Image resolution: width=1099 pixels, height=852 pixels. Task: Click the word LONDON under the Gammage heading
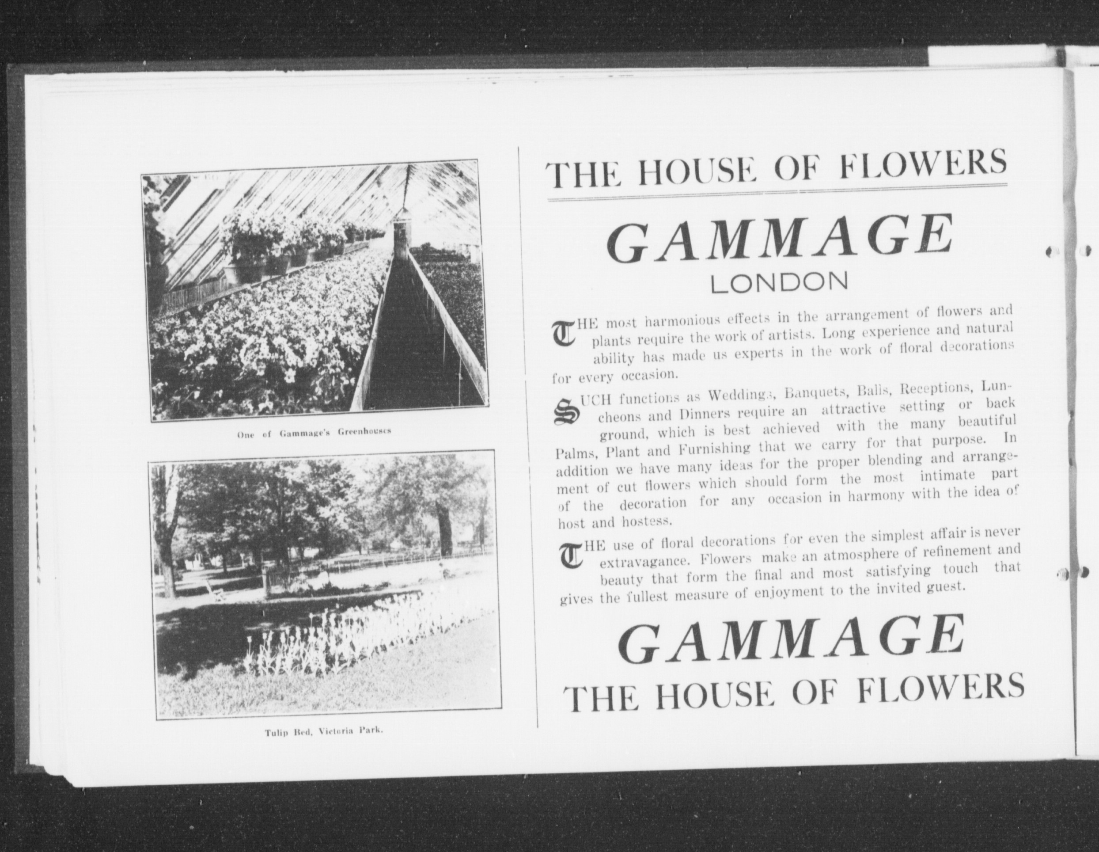(778, 282)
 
